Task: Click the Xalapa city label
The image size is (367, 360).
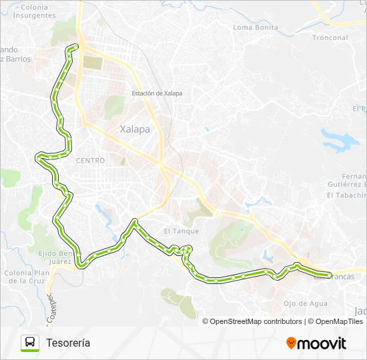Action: (135, 130)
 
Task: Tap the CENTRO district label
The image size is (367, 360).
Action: (91, 161)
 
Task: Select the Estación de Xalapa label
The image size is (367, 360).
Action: (157, 93)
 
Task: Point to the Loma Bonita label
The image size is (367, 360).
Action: (256, 27)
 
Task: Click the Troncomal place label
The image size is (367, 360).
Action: (330, 38)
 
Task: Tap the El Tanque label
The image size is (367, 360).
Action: (181, 231)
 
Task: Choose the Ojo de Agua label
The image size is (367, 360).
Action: (306, 303)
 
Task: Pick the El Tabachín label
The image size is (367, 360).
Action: (346, 195)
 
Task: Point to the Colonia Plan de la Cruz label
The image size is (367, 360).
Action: (27, 277)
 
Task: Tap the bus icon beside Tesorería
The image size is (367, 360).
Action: (31, 343)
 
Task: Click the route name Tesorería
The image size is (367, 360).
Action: (68, 343)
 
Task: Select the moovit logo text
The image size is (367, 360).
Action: (322, 343)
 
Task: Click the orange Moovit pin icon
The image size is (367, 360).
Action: (291, 343)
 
